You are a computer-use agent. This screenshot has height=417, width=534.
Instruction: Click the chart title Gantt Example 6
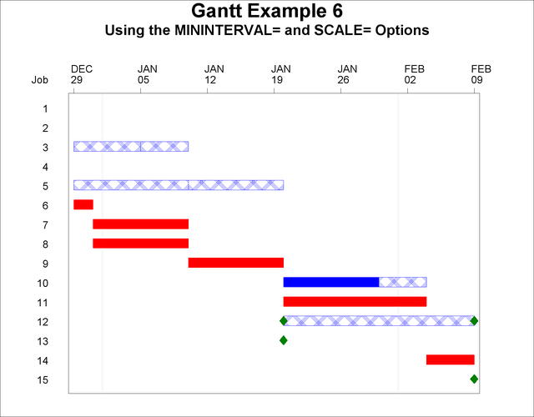click(x=266, y=12)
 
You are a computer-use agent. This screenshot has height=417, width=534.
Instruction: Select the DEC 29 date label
click(x=82, y=74)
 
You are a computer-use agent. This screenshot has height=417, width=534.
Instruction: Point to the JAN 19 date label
click(x=282, y=74)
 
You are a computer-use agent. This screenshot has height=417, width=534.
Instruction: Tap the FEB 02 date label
click(x=415, y=74)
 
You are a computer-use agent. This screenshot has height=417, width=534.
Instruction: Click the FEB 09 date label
click(x=481, y=74)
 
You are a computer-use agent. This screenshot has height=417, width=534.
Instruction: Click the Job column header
click(x=40, y=81)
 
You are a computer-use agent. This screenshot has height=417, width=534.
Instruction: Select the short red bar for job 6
click(x=83, y=205)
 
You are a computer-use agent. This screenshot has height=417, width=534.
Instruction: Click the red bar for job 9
click(x=235, y=263)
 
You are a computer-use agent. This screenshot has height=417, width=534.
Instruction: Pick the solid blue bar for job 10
click(x=330, y=282)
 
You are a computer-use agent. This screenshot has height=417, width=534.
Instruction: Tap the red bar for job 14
click(x=450, y=359)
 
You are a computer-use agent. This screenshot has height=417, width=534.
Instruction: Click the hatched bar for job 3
click(x=130, y=147)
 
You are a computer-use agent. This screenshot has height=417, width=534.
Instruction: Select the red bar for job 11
click(x=355, y=301)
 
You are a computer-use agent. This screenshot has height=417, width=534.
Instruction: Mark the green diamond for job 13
click(x=283, y=340)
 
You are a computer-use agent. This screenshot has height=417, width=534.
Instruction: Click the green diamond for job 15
click(x=474, y=379)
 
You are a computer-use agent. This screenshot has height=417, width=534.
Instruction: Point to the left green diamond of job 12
click(x=283, y=320)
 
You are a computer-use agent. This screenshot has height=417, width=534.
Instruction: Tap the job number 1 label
click(x=45, y=108)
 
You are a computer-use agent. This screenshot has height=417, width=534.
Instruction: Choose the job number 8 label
click(x=45, y=244)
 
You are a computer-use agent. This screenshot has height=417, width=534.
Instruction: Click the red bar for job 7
click(x=140, y=224)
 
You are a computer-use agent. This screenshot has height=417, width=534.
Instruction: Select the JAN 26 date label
click(x=348, y=74)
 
